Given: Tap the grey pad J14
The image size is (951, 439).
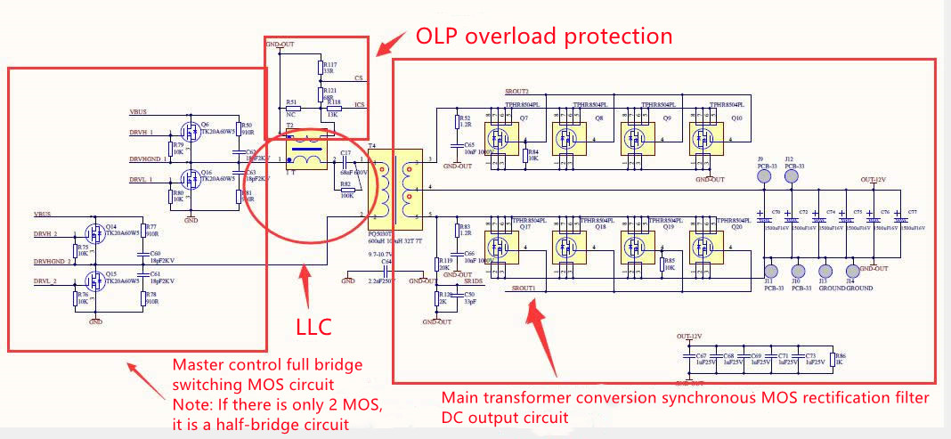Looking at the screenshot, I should coord(852,271).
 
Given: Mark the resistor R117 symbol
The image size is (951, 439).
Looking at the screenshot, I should coord(319,68).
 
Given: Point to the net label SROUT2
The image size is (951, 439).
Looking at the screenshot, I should coord(516,92).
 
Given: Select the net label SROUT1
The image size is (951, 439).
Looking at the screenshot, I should coord(524,289).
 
